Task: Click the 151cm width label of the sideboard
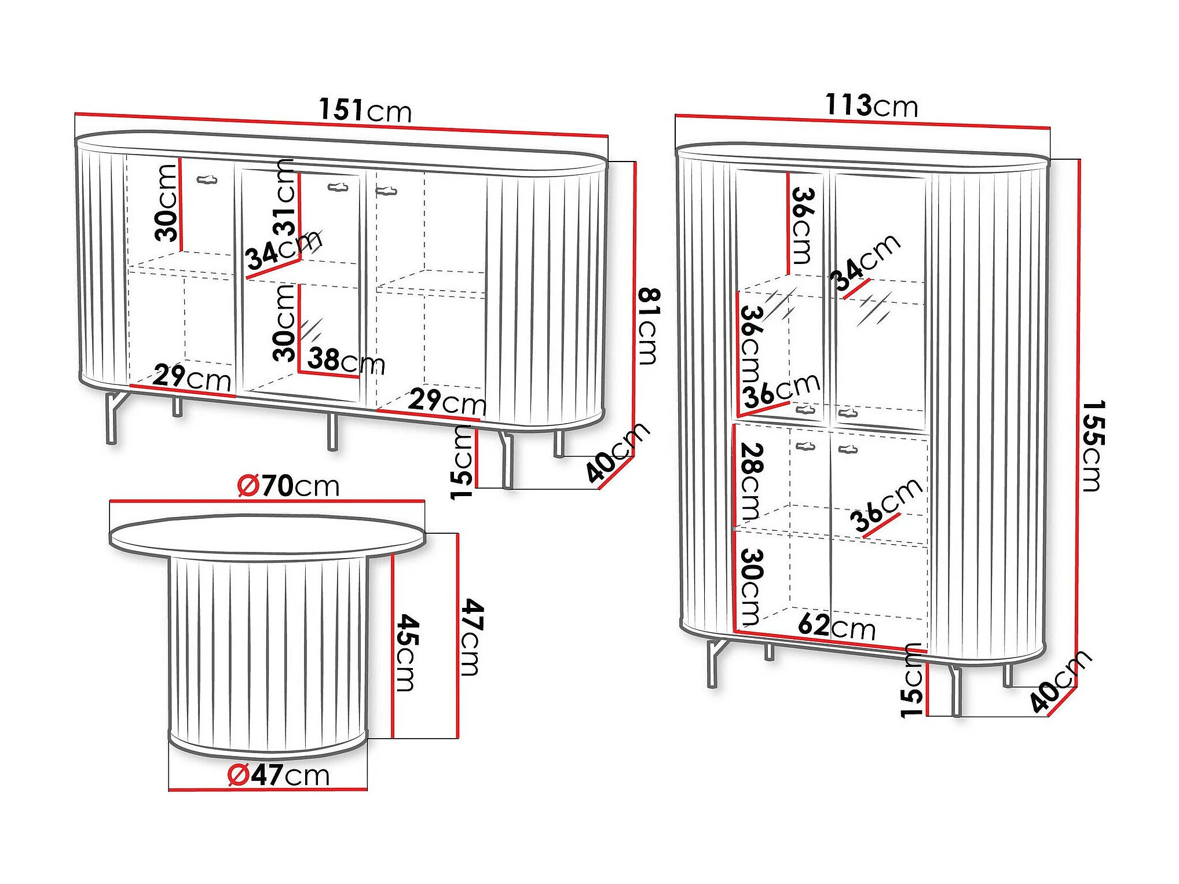tap(365, 110)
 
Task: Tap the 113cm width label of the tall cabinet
tap(872, 105)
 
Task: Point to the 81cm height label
tap(649, 326)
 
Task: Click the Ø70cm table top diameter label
tap(288, 485)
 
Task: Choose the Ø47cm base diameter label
tap(279, 775)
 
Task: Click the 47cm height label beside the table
tap(473, 637)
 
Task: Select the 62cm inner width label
tap(836, 627)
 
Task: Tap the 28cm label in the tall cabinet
tap(751, 482)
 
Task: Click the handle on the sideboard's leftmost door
tap(207, 180)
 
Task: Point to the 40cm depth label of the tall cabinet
tap(1061, 681)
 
